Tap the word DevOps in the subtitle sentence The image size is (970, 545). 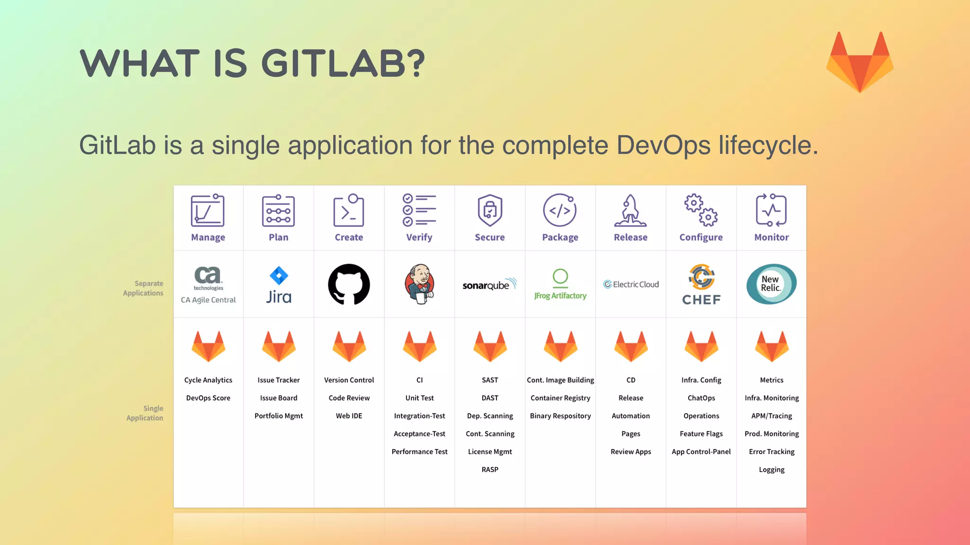click(x=663, y=145)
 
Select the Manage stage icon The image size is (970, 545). click(x=208, y=211)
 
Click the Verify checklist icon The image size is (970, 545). click(x=419, y=210)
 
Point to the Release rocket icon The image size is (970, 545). click(x=630, y=211)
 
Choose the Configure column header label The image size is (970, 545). click(x=701, y=237)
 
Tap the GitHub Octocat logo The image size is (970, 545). click(x=349, y=284)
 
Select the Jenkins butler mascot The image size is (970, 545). click(x=420, y=284)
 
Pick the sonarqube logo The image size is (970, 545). click(x=490, y=284)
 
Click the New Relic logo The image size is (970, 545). click(x=772, y=284)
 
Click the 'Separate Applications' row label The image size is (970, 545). click(x=144, y=288)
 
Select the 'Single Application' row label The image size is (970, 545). click(x=145, y=413)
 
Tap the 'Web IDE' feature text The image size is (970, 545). click(x=349, y=416)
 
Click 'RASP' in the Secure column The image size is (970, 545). click(x=490, y=469)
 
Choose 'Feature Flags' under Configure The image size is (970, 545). click(x=701, y=434)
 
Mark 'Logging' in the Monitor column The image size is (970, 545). click(x=772, y=469)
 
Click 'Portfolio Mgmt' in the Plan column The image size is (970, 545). click(x=278, y=416)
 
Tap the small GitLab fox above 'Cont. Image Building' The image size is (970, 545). click(x=560, y=347)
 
